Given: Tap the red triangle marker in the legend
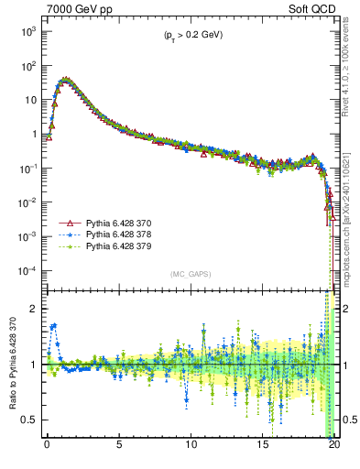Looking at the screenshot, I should pos(66,223).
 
